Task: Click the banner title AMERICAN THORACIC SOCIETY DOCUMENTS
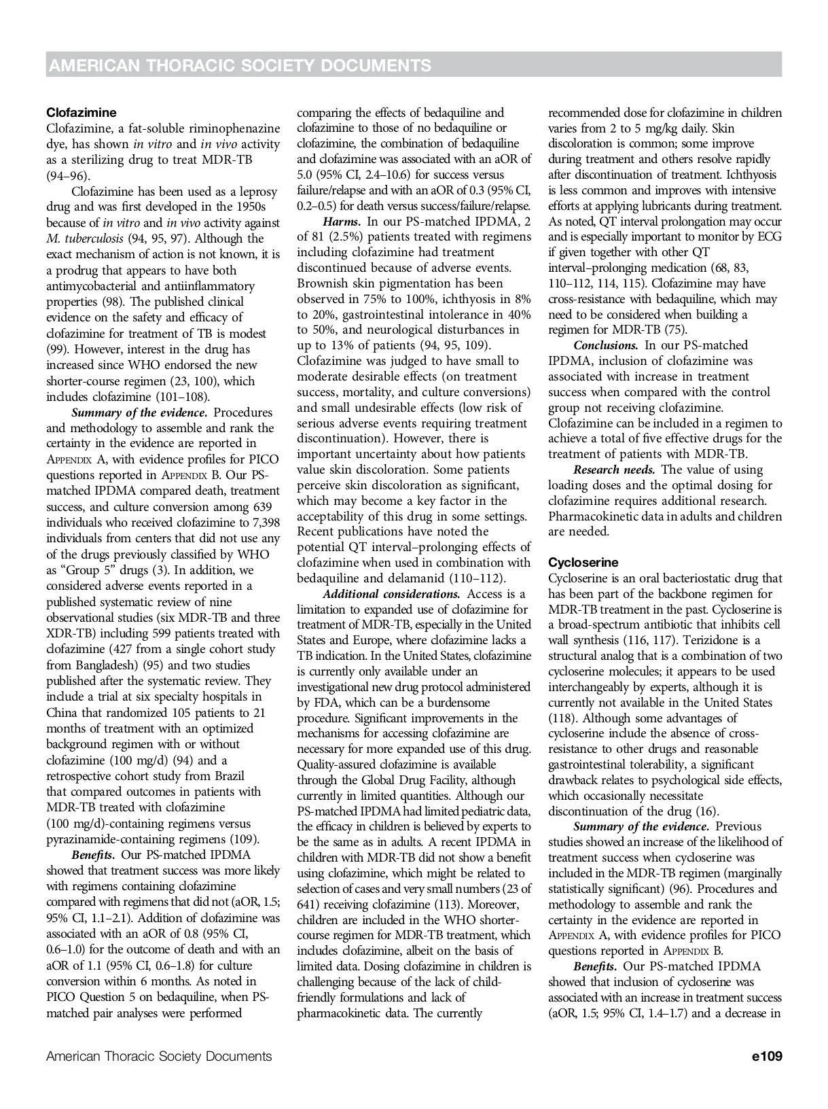pyautogui.click(x=240, y=65)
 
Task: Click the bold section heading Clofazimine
pyautogui.click(x=81, y=113)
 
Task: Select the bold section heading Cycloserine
pyautogui.click(x=583, y=563)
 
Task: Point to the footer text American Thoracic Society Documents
pyautogui.click(x=159, y=1056)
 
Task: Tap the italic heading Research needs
pyautogui.click(x=614, y=470)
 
